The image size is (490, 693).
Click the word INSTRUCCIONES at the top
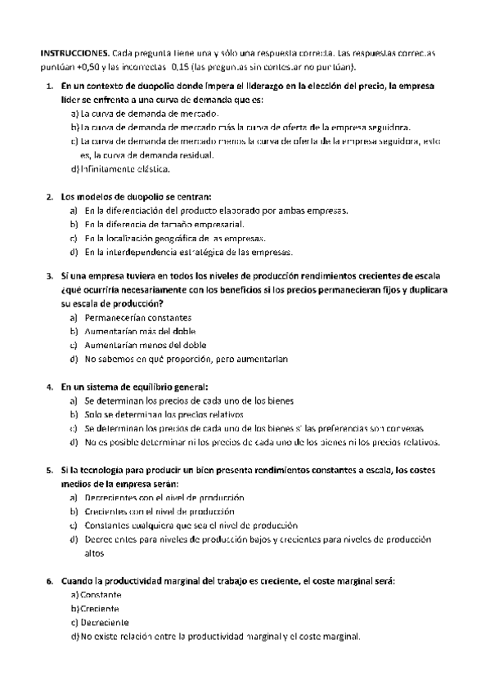pyautogui.click(x=73, y=53)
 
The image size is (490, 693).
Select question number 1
pyautogui.click(x=52, y=86)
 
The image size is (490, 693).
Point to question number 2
pyautogui.click(x=52, y=196)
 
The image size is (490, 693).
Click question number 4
pyautogui.click(x=52, y=386)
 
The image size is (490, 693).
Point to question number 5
pyautogui.click(x=52, y=471)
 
